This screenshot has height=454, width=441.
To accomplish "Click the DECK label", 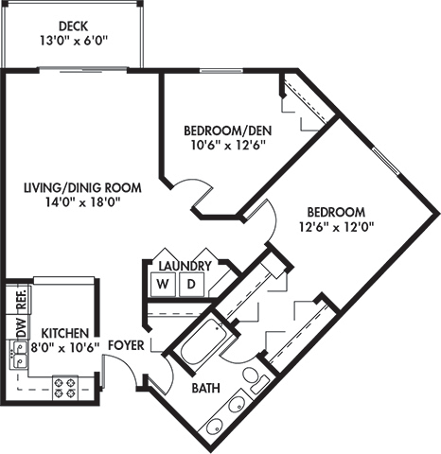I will coord(73,26).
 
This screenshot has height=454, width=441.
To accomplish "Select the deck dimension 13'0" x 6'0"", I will coord(73,41).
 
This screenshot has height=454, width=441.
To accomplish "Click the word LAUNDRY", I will coord(185,266).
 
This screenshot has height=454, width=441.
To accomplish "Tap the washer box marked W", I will coord(162,284).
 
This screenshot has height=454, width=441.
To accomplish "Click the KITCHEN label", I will coord(64,333).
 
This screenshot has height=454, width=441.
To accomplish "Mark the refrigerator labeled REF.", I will coord(18,303).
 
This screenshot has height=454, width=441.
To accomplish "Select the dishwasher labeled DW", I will coord(18,327).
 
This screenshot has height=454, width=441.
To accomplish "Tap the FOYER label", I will coord(125,346).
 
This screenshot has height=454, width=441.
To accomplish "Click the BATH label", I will coord(206,389).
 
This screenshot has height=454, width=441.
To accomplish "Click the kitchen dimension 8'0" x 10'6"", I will coord(64,347).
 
